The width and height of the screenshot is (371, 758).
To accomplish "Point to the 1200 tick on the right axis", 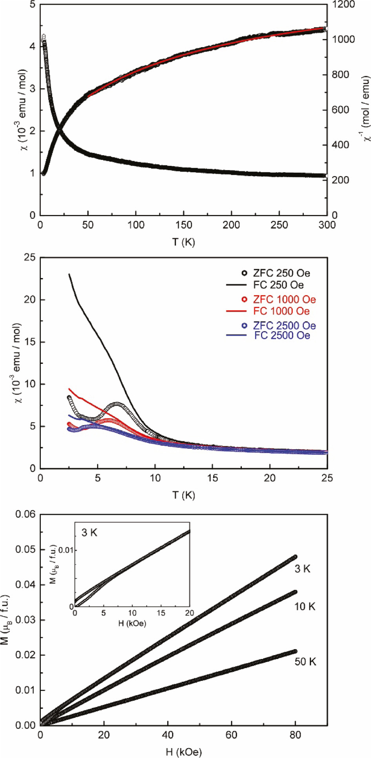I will click(x=344, y=5).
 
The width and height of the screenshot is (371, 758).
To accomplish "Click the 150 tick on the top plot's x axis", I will click(x=183, y=225).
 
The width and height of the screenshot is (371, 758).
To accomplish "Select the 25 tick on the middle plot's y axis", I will click(x=29, y=258).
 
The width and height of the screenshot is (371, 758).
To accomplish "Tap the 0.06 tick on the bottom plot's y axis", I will click(x=25, y=514).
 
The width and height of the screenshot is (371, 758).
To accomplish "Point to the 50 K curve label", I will click(x=305, y=662).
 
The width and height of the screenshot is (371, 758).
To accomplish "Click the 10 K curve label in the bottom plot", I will click(x=305, y=607).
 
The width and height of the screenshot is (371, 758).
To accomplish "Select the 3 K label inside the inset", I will click(x=89, y=533).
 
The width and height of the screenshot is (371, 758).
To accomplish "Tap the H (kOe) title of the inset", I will click(x=132, y=624).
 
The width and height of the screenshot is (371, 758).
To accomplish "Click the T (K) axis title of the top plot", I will click(x=183, y=242).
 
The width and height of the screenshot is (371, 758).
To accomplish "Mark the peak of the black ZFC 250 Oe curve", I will click(x=117, y=404).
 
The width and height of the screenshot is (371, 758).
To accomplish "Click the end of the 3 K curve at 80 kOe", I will click(x=295, y=557).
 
